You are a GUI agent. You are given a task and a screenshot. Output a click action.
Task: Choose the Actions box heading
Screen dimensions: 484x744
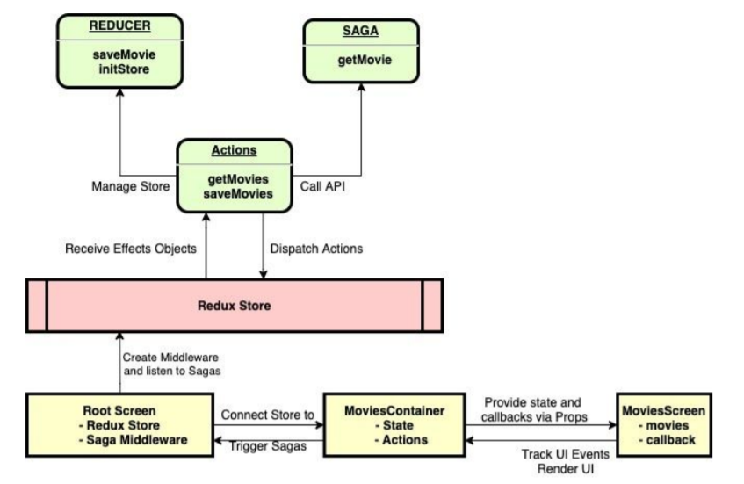[234, 151]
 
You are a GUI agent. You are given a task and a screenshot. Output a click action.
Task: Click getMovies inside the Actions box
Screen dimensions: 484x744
[234, 179]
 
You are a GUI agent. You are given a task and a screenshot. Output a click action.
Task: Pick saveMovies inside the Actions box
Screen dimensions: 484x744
[234, 193]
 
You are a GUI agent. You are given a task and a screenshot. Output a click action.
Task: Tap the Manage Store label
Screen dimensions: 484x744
[130, 187]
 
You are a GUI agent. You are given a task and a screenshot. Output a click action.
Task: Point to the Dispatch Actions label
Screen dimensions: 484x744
[315, 249]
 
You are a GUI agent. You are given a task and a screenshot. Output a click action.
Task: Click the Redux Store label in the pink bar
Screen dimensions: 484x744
[234, 306]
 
